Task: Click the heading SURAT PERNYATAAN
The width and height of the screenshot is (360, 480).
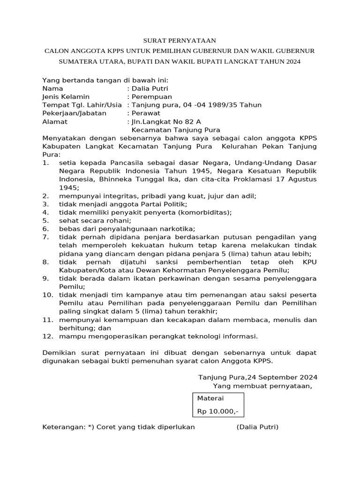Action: point(180,41)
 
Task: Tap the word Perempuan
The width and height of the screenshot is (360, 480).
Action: point(152,97)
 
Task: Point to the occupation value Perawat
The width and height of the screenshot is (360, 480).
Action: point(146,113)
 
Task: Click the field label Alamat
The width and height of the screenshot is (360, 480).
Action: point(55,121)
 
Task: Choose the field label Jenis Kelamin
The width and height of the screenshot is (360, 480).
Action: point(66,97)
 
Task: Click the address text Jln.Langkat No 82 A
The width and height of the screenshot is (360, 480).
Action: point(160,121)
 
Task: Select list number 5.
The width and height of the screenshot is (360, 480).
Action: point(45,220)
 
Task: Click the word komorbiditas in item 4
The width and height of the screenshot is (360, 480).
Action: point(204,212)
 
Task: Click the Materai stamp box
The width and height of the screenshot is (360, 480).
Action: point(218,405)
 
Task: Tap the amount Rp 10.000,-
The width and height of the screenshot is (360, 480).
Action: point(217,411)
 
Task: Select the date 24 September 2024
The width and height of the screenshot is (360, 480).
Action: point(282,377)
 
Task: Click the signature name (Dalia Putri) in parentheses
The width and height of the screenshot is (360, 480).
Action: point(257,427)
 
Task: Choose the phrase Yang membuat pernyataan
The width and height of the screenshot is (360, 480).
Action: point(262,386)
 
